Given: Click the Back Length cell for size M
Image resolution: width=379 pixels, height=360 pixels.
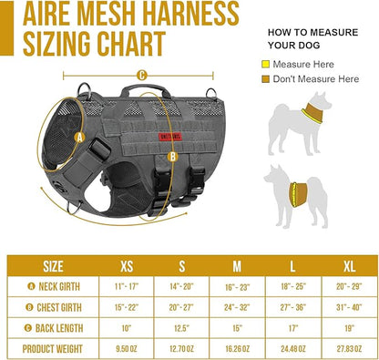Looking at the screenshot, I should (238, 327).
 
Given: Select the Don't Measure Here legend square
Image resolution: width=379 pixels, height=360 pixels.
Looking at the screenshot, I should (266, 79).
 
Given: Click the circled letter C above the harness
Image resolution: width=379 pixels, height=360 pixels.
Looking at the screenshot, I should (141, 76).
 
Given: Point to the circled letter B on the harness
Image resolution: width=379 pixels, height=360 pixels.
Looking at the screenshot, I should (173, 156).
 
